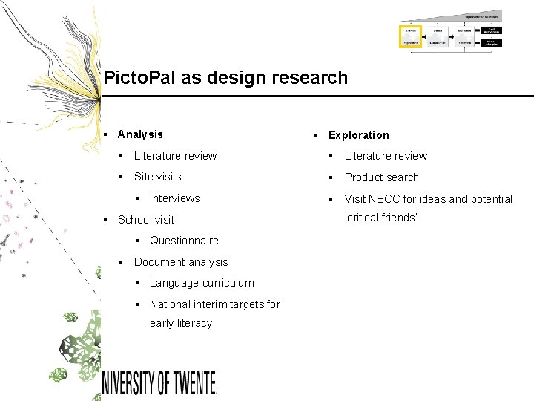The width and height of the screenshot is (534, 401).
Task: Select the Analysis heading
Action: point(140,134)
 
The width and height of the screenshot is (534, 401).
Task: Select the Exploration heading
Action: point(358,135)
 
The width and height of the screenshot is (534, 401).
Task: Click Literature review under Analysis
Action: point(175,156)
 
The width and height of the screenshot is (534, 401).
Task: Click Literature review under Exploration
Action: point(386,156)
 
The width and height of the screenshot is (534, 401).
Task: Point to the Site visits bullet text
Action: point(157,177)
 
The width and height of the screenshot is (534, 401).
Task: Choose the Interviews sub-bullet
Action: point(174,198)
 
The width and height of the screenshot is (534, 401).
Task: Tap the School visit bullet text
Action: point(146,220)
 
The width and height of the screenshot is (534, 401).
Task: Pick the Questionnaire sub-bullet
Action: point(184,241)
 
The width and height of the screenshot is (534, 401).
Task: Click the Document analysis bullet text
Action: point(181,262)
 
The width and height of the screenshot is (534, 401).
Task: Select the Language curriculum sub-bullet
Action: point(202,283)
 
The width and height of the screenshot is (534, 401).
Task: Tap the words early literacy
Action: point(181,323)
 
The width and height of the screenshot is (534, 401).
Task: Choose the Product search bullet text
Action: point(381,177)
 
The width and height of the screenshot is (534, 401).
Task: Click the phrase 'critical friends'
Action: point(381,218)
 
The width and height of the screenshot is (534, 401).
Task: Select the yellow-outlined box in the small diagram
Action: point(410,36)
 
